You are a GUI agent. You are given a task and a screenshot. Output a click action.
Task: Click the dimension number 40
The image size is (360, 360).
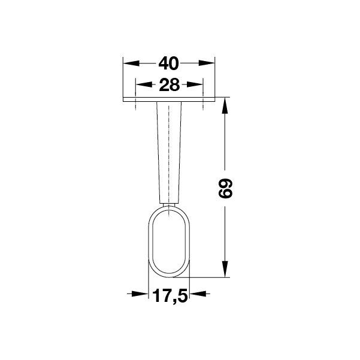pyautogui.click(x=168, y=63)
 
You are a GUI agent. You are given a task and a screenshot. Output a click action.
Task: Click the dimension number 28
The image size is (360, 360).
pyautogui.click(x=169, y=84)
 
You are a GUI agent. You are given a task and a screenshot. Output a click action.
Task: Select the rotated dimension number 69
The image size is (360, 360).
pyautogui.click(x=225, y=189)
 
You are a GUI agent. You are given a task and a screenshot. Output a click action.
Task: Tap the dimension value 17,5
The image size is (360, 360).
pyautogui.click(x=170, y=295)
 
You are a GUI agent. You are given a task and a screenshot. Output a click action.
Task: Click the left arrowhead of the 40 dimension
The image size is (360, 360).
pyautogui.click(x=131, y=63)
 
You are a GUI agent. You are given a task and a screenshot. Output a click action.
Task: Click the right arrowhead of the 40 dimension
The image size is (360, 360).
pyautogui.click(x=207, y=63)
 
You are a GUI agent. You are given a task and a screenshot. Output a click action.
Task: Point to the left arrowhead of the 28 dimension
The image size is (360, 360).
pyautogui.click(x=144, y=84)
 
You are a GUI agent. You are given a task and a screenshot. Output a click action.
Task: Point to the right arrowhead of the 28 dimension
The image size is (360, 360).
pyautogui.click(x=195, y=84)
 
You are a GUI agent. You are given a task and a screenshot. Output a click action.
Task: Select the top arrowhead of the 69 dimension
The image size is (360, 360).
pyautogui.click(x=225, y=106)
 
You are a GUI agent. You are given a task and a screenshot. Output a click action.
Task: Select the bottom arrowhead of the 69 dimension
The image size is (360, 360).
pyautogui.click(x=225, y=269)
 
